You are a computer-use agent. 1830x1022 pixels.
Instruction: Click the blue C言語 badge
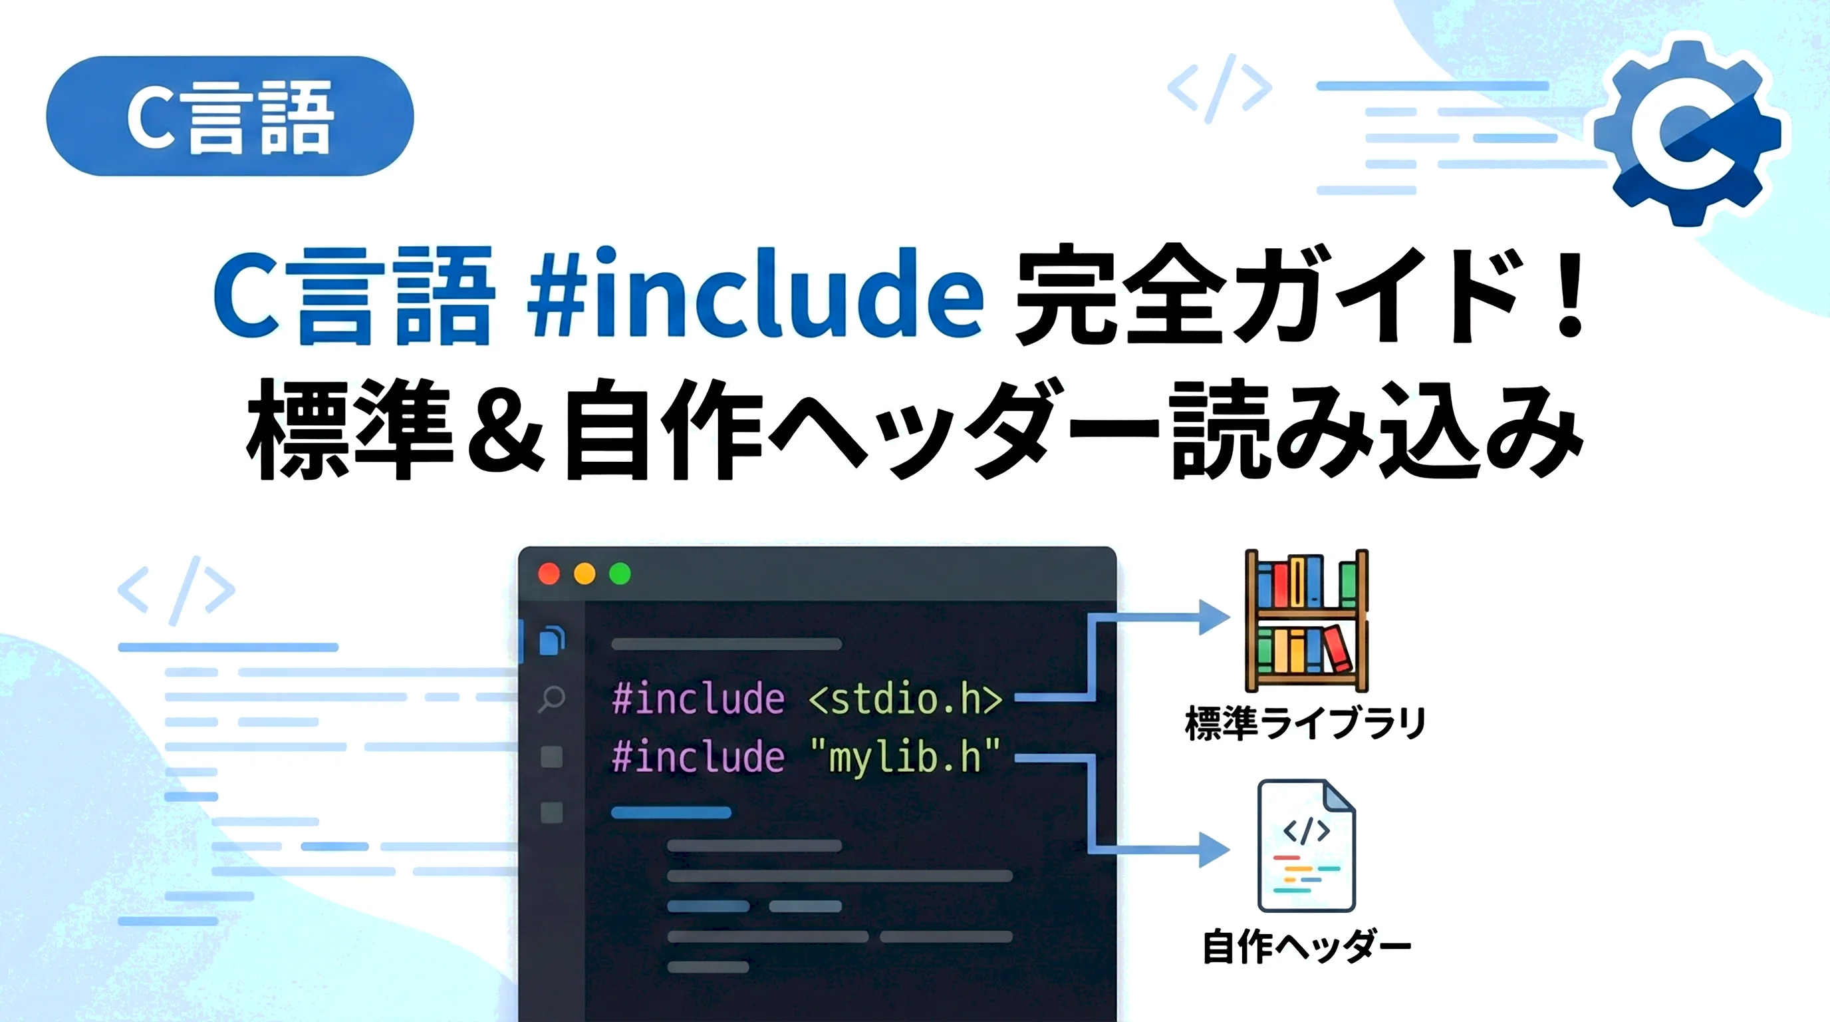229,116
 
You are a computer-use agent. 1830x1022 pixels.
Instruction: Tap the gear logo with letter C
1688,132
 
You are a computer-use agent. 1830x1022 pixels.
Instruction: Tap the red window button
549,574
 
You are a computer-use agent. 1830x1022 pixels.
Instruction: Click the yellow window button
585,574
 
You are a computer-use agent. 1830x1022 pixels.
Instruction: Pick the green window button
620,574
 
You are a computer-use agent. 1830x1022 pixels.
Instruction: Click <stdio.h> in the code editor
906,699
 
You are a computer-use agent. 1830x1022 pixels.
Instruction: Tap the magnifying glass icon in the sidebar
551,699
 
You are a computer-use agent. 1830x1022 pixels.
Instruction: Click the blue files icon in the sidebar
552,640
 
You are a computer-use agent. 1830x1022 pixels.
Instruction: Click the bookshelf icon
1307,620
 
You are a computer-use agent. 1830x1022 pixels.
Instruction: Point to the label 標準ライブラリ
1306,723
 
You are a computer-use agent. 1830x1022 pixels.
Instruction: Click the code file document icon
1307,846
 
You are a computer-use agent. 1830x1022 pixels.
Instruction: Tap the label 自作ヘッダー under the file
1307,947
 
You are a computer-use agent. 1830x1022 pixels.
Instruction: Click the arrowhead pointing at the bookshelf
1214,617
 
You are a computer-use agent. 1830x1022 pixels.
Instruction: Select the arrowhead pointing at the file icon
1214,849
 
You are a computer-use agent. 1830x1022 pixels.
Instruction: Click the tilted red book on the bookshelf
1337,647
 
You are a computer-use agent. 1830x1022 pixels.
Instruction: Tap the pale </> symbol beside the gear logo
1220,88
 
